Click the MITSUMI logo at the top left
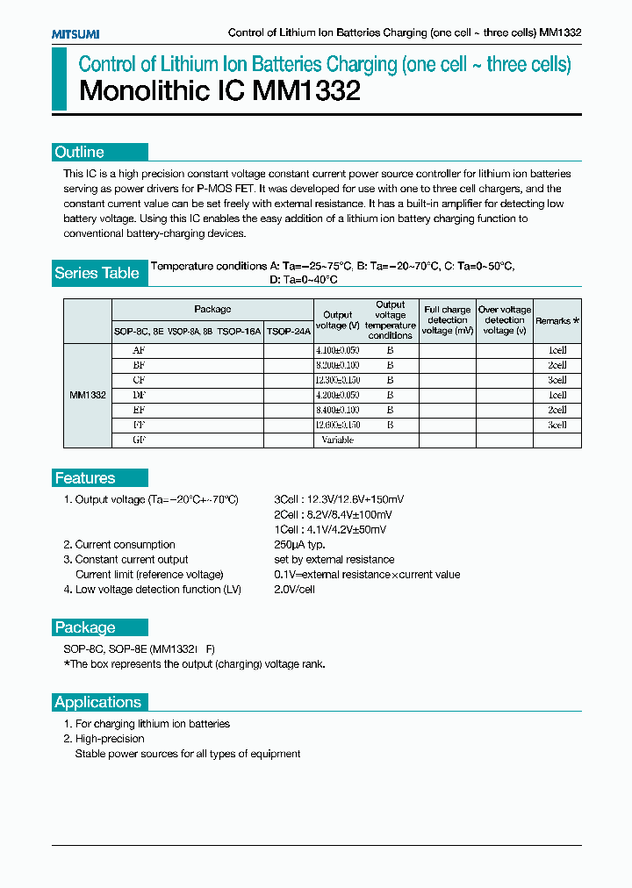tap(75, 33)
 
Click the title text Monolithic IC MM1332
tap(220, 91)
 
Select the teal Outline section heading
tap(80, 152)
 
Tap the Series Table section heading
tap(97, 273)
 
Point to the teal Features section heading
tap(85, 478)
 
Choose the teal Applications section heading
tap(98, 702)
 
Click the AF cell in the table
tap(139, 349)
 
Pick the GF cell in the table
tap(139, 440)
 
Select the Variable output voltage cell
tap(337, 440)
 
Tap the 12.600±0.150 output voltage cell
tap(337, 425)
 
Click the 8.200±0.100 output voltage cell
tap(337, 364)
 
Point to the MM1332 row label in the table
tap(88, 395)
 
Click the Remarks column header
tap(557, 321)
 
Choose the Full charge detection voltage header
tap(447, 320)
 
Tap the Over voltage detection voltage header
tap(504, 320)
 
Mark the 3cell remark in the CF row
tap(557, 380)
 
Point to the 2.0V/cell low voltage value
tap(294, 590)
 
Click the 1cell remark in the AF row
tap(557, 349)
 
